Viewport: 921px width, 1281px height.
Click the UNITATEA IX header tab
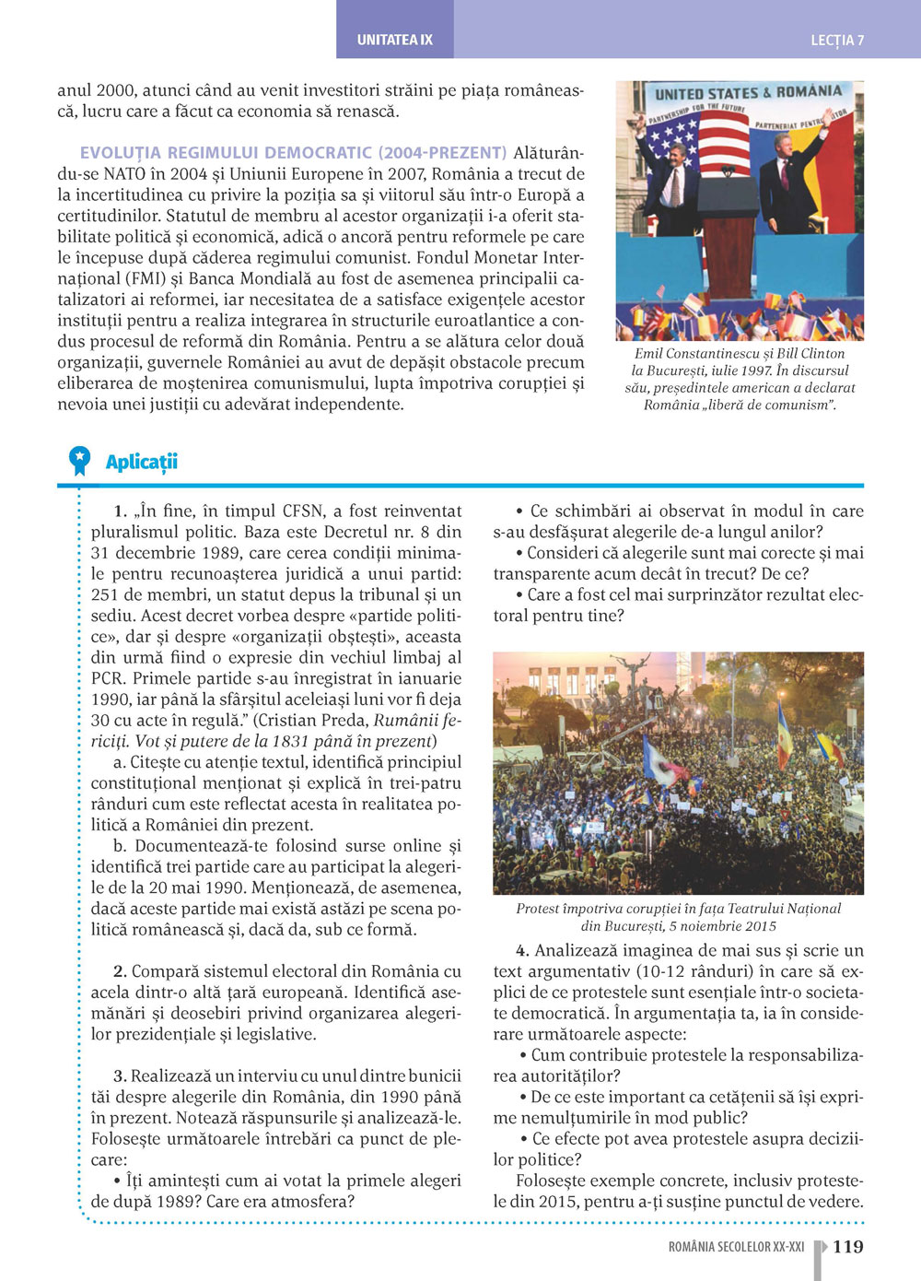pyautogui.click(x=394, y=41)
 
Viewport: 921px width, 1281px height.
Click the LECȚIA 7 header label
pyautogui.click(x=836, y=41)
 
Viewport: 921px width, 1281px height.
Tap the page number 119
pyautogui.click(x=848, y=1247)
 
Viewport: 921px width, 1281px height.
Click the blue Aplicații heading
pyautogui.click(x=142, y=462)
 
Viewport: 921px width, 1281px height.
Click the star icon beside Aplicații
pyautogui.click(x=80, y=458)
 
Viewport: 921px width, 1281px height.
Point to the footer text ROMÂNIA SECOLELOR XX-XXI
pyautogui.click(x=736, y=1247)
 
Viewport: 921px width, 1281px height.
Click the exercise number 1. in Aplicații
pyautogui.click(x=120, y=511)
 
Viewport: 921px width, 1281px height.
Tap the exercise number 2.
pyautogui.click(x=120, y=971)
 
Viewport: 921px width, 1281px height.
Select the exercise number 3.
pyautogui.click(x=120, y=1076)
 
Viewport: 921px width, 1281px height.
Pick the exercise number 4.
pyautogui.click(x=522, y=950)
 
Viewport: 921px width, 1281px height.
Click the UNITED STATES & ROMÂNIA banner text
pyautogui.click(x=748, y=93)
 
